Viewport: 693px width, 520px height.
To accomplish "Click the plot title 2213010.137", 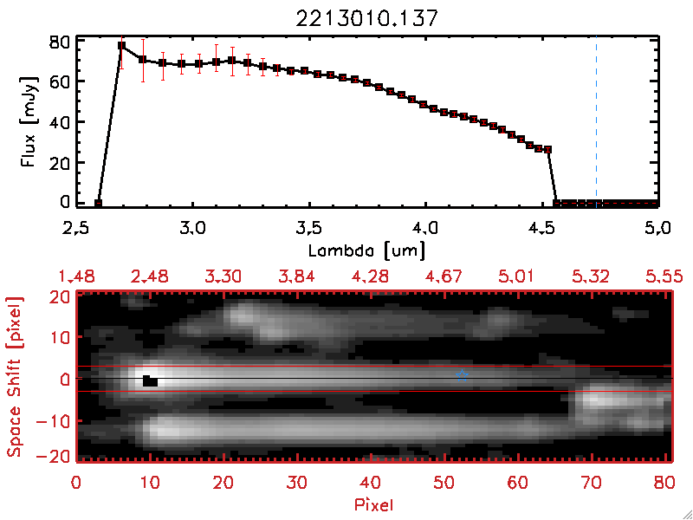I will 367,15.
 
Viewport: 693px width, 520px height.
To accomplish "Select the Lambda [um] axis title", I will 367,250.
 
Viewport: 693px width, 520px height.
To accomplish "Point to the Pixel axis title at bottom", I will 375,502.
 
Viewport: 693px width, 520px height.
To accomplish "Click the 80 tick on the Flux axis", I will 60,41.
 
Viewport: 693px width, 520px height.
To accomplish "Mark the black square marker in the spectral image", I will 150,380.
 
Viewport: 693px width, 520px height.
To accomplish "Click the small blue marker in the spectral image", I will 463,375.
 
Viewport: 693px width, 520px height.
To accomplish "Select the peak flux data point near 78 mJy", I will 122,46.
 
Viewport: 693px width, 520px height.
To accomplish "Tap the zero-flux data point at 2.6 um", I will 99,204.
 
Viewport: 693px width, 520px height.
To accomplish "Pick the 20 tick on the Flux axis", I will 60,162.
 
